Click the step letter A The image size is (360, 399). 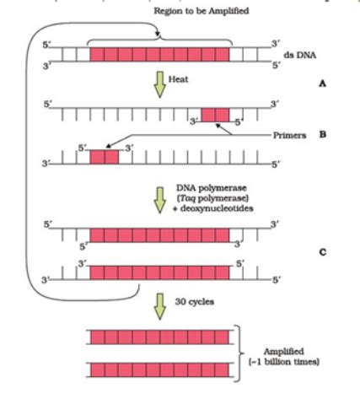(x=320, y=85)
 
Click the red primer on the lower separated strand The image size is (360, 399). (x=104, y=156)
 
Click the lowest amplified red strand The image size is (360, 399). (x=159, y=369)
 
